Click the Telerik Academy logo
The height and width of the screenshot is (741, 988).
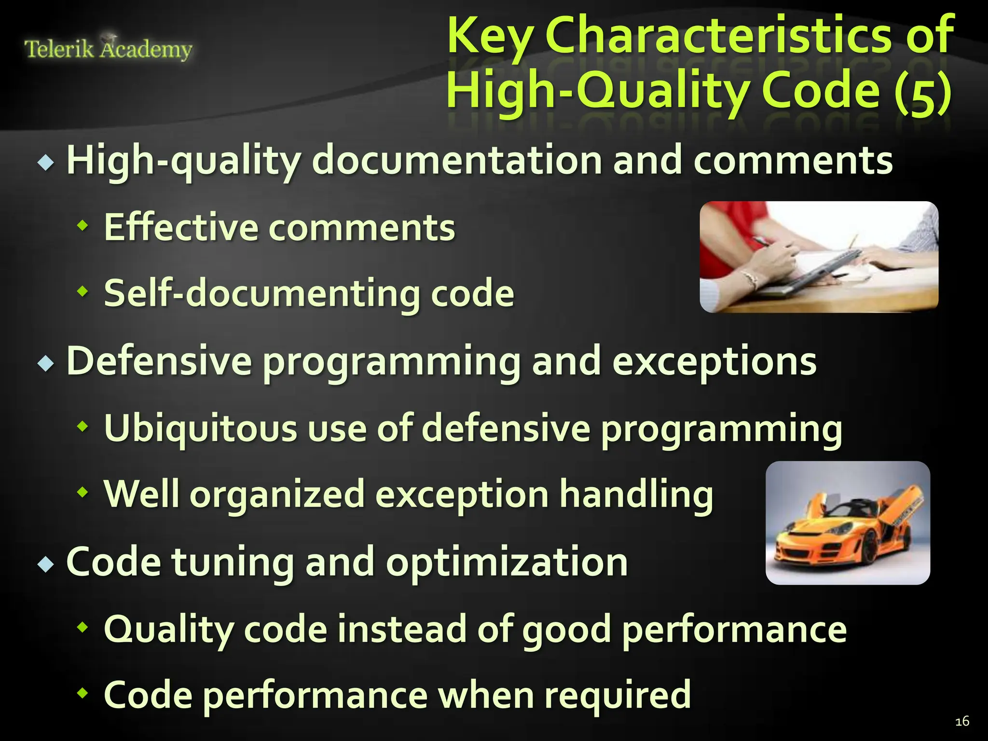click(x=108, y=48)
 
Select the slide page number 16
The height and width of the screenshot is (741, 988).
click(x=962, y=721)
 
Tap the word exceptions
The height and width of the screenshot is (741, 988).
click(x=714, y=362)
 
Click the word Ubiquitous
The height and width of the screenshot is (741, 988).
click(x=200, y=428)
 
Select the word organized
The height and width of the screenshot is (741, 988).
click(x=277, y=495)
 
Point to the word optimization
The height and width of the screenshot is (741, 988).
click(x=507, y=563)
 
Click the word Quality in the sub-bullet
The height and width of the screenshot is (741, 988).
click(x=169, y=630)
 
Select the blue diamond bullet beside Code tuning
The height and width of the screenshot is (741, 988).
click(x=46, y=563)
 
